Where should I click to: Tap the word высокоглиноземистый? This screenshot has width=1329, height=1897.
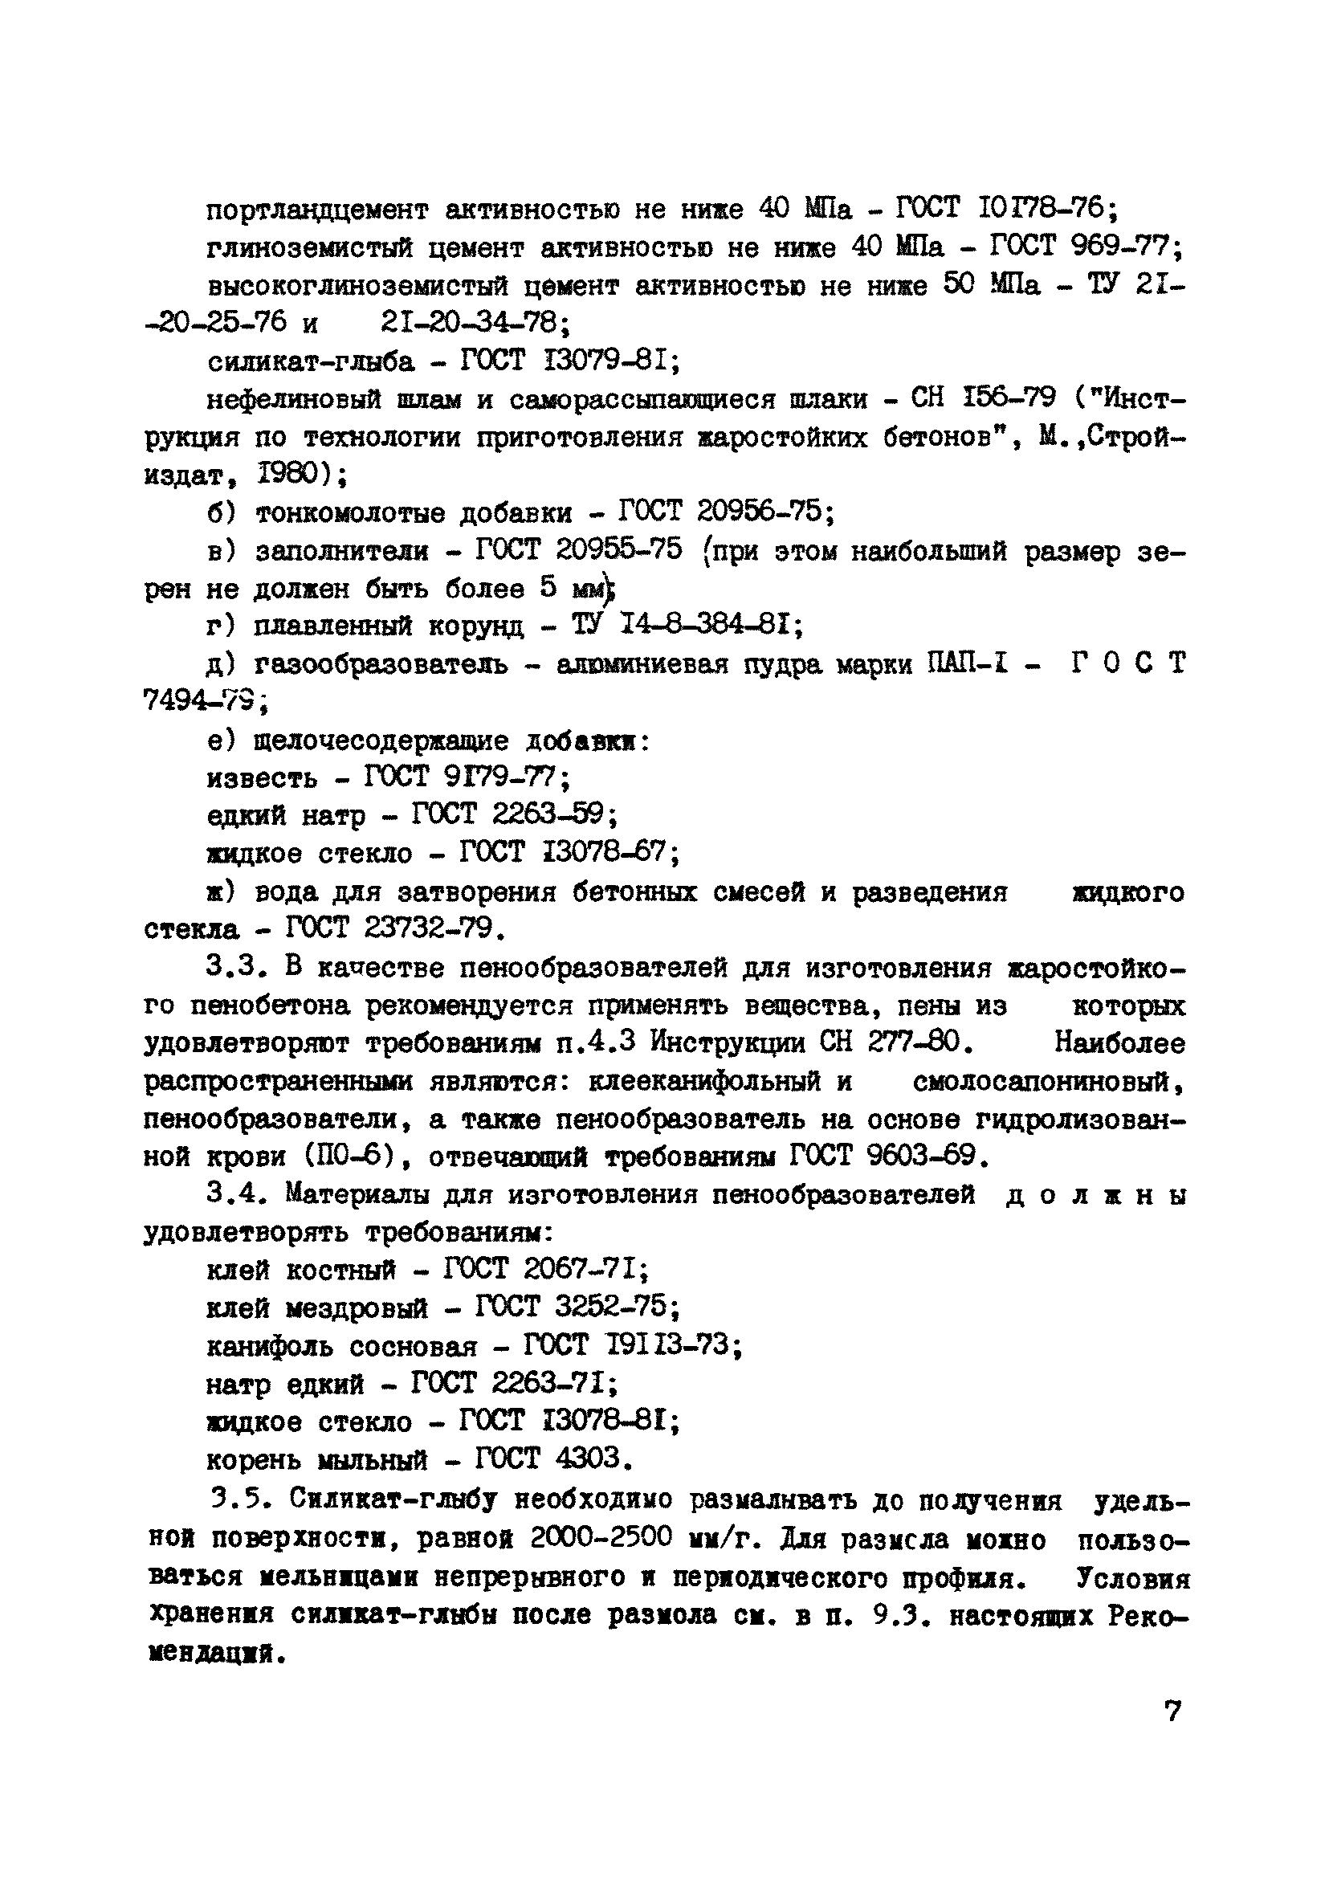365,286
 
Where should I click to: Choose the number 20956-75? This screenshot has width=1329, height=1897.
760,512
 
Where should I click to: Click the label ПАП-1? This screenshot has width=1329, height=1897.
968,664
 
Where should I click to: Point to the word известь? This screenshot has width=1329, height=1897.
262,778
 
